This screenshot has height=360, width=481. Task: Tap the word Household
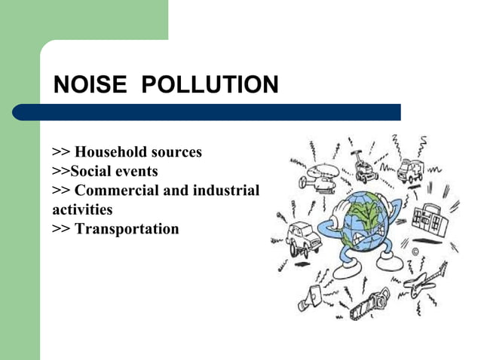tap(112, 152)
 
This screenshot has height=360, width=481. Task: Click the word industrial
tap(225, 190)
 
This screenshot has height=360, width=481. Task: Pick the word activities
tap(82, 209)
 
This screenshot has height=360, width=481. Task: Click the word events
tap(137, 171)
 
